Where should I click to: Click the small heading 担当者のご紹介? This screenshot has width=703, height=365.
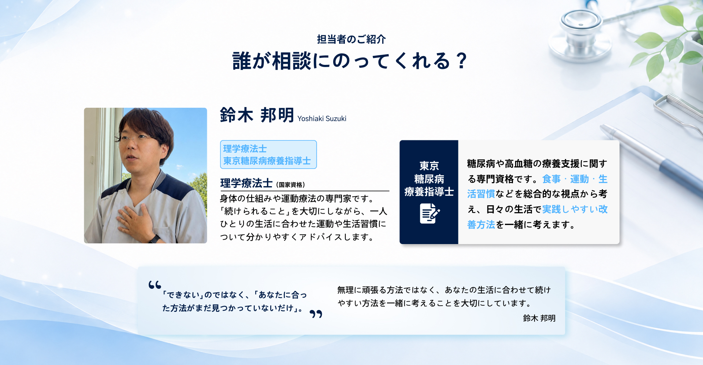tap(351, 39)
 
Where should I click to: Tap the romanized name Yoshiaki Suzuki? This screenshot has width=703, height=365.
tap(322, 118)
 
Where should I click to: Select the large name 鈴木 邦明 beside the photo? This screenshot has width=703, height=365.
tap(257, 115)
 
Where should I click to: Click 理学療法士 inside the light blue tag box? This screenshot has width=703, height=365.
tap(245, 148)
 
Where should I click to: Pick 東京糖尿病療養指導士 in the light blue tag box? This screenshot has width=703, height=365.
tap(267, 161)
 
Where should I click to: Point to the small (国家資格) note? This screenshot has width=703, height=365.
tap(290, 185)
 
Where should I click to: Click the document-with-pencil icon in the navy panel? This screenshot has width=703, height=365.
tap(429, 213)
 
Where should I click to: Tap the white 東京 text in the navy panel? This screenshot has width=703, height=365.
tap(429, 166)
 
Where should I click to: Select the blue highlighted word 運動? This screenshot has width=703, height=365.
tap(579, 179)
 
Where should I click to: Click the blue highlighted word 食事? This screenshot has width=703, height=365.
tap(551, 179)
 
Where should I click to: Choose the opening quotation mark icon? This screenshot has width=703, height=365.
tap(155, 285)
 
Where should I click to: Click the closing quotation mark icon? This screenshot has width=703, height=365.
tap(316, 314)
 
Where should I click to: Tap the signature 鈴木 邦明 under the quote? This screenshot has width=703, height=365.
tap(539, 318)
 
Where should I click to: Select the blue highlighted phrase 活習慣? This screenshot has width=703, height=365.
tap(481, 194)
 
